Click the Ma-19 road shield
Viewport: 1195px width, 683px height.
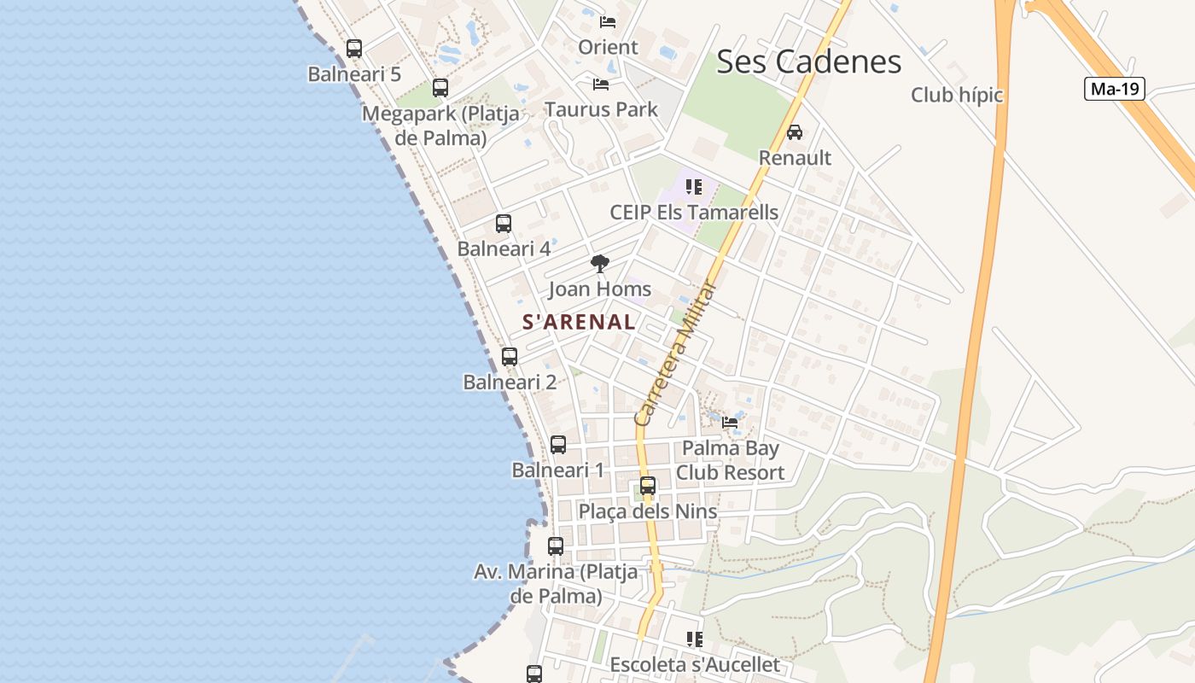pos(1114,89)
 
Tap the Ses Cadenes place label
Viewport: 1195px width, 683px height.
pos(808,61)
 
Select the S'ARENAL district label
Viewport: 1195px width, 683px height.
pos(579,322)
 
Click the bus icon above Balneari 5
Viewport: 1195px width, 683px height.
pos(354,49)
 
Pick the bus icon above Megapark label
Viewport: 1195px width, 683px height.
pos(440,88)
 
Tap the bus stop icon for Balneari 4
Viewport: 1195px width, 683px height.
pos(504,224)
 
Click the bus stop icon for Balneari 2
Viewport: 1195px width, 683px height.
pos(510,357)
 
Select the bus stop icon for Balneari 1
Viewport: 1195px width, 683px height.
pos(558,445)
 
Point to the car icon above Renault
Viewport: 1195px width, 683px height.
pos(795,132)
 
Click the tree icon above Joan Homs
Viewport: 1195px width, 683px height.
pos(600,264)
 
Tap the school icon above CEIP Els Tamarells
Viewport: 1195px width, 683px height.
pos(694,186)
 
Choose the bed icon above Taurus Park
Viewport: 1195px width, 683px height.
pos(601,85)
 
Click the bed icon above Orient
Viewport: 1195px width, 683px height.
pos(608,22)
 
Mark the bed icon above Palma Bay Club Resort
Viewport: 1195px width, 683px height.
pos(730,422)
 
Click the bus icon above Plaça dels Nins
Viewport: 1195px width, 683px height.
pos(648,486)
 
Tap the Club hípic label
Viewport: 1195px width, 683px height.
pos(957,95)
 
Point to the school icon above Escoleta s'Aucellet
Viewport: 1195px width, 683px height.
pos(695,639)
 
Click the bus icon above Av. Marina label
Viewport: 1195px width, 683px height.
pos(556,546)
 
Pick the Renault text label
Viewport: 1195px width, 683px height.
pos(795,158)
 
